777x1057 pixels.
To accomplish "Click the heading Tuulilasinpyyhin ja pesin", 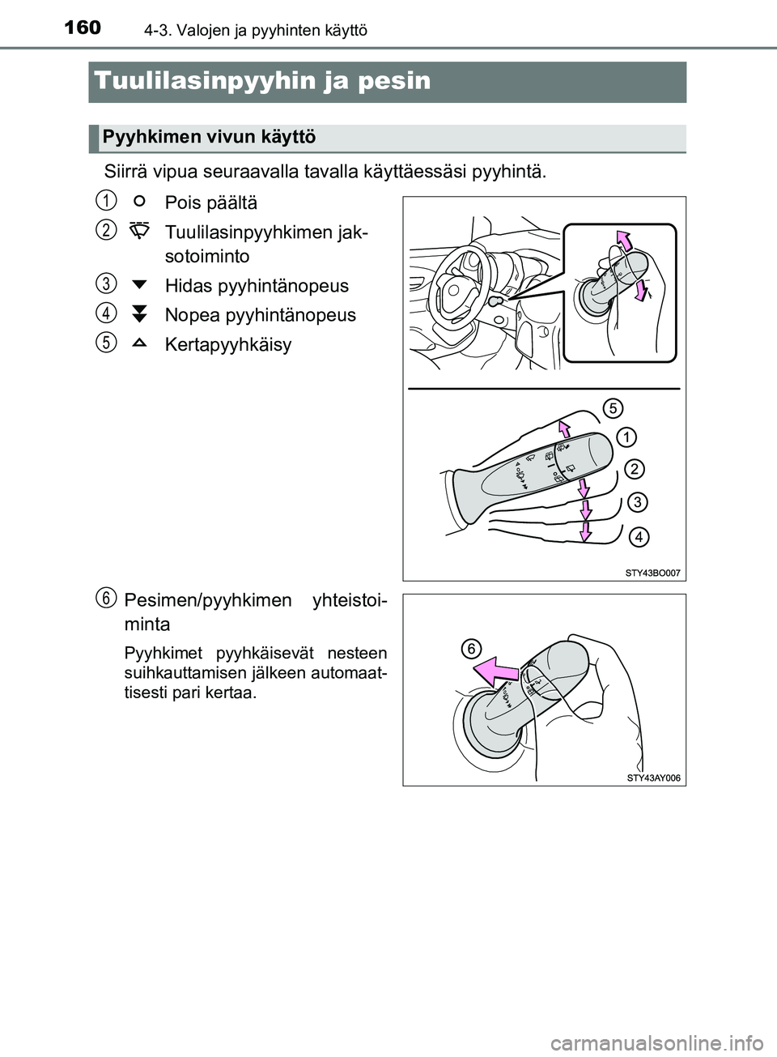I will pos(262,81).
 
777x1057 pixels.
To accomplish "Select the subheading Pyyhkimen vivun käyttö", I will pos(209,137).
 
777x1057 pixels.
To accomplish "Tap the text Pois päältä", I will pos(210,202).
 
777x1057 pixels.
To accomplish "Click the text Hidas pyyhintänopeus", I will pos(257,285).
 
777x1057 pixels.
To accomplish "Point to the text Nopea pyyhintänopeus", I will pos(260,314).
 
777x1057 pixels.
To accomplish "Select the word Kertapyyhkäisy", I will pos(228,344).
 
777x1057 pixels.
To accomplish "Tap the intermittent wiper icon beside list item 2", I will pos(138,230).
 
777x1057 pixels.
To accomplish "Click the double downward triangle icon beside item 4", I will pos(138,314).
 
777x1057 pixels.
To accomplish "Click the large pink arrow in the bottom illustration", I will pos(495,671).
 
